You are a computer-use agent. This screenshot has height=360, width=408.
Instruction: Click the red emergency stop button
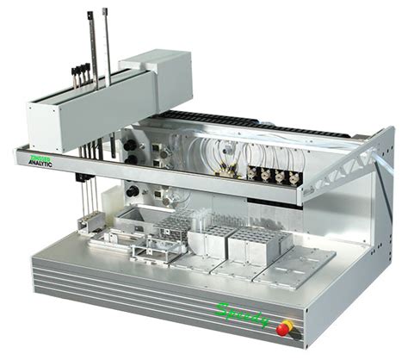pyautogui.click(x=287, y=327)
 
